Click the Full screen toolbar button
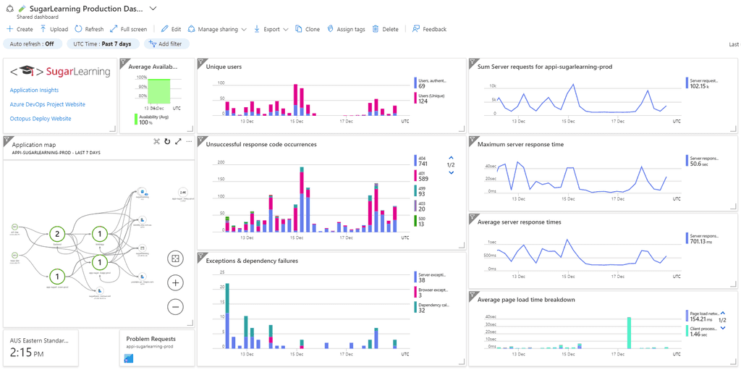(x=128, y=29)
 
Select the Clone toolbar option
(x=308, y=29)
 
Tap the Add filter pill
(x=166, y=43)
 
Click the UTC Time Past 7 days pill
(x=102, y=43)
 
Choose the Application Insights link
(x=34, y=91)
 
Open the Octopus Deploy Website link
(x=41, y=118)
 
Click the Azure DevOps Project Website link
(x=47, y=104)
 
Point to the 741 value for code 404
(x=423, y=164)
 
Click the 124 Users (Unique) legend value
(x=423, y=101)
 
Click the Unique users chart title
(x=224, y=67)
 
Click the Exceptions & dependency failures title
(x=252, y=261)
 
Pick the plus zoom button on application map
(x=175, y=282)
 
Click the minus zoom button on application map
(x=175, y=306)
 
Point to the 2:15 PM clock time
(x=27, y=353)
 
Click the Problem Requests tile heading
(x=151, y=338)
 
